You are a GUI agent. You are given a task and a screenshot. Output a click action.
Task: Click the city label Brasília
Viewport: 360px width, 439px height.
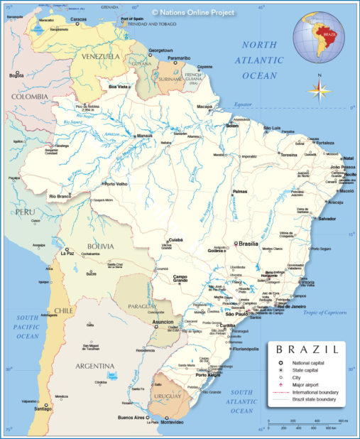(248, 243)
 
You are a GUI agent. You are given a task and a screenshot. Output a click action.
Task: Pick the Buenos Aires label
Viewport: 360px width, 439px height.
(131, 417)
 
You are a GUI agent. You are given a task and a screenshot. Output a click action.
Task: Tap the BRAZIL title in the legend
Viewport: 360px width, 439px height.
(306, 350)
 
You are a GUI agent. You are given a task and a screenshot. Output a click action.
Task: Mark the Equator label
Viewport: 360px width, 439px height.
(244, 105)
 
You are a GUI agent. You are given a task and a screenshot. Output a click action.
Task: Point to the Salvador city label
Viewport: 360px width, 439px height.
(327, 219)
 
